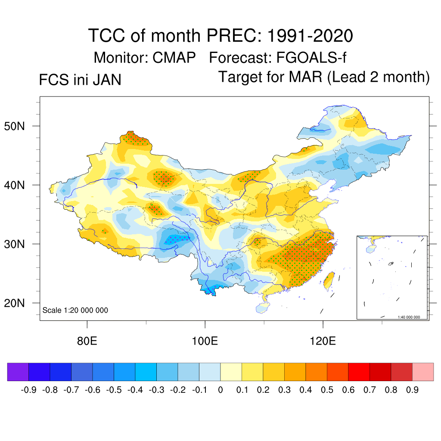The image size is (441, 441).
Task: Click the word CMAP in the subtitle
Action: point(174,57)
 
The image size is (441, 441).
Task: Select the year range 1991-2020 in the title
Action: point(310,36)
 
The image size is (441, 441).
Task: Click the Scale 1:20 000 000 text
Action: point(75,310)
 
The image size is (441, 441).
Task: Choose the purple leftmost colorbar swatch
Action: point(18,372)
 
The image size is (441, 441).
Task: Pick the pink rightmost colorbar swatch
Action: point(423,372)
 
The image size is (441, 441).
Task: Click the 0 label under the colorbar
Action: point(220,390)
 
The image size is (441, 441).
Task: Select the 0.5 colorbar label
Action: point(327,390)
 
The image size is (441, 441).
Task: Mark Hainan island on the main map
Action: point(262,307)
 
